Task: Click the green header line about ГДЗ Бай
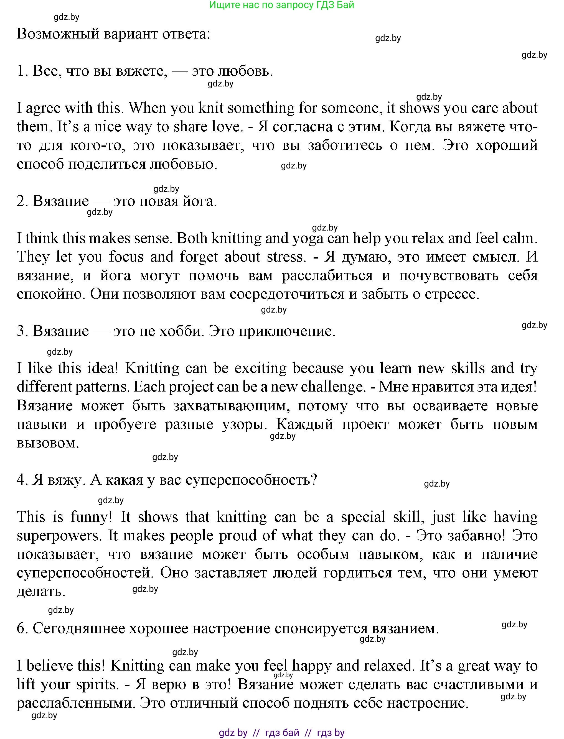(281, 5)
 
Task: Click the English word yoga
(308, 239)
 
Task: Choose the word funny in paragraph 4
(91, 517)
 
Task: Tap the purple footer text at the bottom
(281, 733)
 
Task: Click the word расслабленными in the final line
(75, 703)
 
